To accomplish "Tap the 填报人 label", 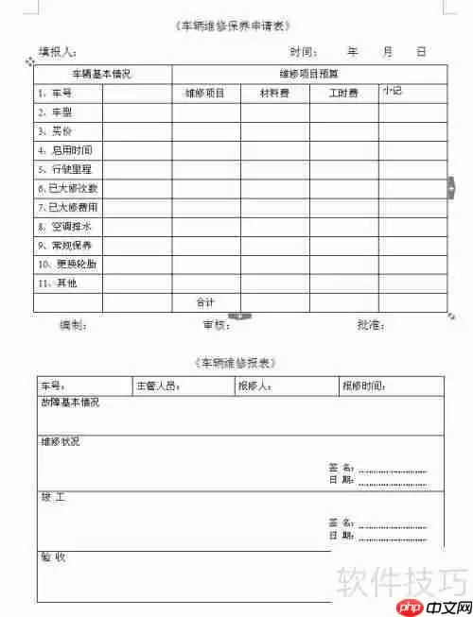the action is click(58, 51).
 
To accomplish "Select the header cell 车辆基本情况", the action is click(102, 74).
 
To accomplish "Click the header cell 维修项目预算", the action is click(308, 74).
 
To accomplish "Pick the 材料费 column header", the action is click(275, 93).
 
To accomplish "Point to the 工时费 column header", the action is click(343, 93).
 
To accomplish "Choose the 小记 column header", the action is click(393, 92).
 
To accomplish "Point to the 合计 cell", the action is click(205, 302).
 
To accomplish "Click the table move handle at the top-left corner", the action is click(30, 61).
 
